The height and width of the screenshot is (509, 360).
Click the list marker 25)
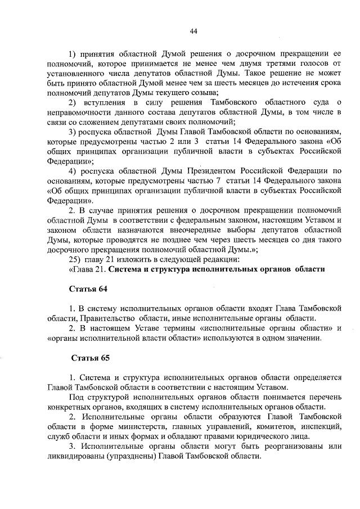click(74, 259)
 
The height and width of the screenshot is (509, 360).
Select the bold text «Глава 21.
click(88, 269)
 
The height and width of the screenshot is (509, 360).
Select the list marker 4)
click(73, 170)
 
